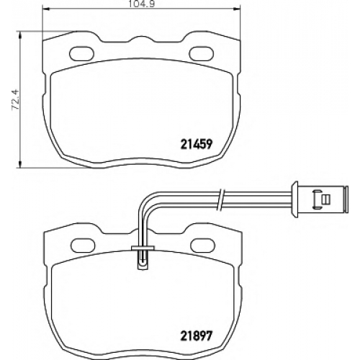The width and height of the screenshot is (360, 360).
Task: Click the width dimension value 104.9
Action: (141, 4)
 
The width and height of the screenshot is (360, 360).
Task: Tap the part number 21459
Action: (196, 144)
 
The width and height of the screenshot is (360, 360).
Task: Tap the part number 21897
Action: (196, 336)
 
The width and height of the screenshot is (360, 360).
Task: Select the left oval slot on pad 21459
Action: (81, 53)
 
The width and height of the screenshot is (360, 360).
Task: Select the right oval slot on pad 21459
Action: (202, 53)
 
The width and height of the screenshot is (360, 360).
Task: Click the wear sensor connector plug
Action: (319, 199)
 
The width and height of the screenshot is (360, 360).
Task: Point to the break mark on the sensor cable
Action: (222, 199)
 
